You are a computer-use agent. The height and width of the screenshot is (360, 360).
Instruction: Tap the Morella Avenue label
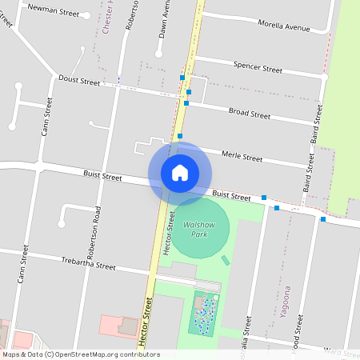coord(284,25)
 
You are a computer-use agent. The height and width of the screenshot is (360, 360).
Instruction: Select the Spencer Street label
coord(258,67)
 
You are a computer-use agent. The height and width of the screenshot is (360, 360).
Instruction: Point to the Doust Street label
coord(79,80)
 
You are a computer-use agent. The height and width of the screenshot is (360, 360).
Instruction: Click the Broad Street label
coord(250,114)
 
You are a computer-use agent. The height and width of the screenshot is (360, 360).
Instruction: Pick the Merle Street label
coord(241,157)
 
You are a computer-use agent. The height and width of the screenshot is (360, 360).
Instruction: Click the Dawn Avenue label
coord(164,20)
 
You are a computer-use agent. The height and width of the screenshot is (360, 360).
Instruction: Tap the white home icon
coord(180,172)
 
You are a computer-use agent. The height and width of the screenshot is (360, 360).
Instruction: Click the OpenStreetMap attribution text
coord(81,354)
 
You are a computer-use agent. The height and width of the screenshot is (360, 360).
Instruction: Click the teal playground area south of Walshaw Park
coord(205,313)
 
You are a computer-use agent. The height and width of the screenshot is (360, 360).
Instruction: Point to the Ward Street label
coord(342,350)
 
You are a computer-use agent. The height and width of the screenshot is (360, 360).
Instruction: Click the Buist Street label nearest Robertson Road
coord(102,175)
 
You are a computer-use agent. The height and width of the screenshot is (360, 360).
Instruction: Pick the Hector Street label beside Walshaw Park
coord(169,234)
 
